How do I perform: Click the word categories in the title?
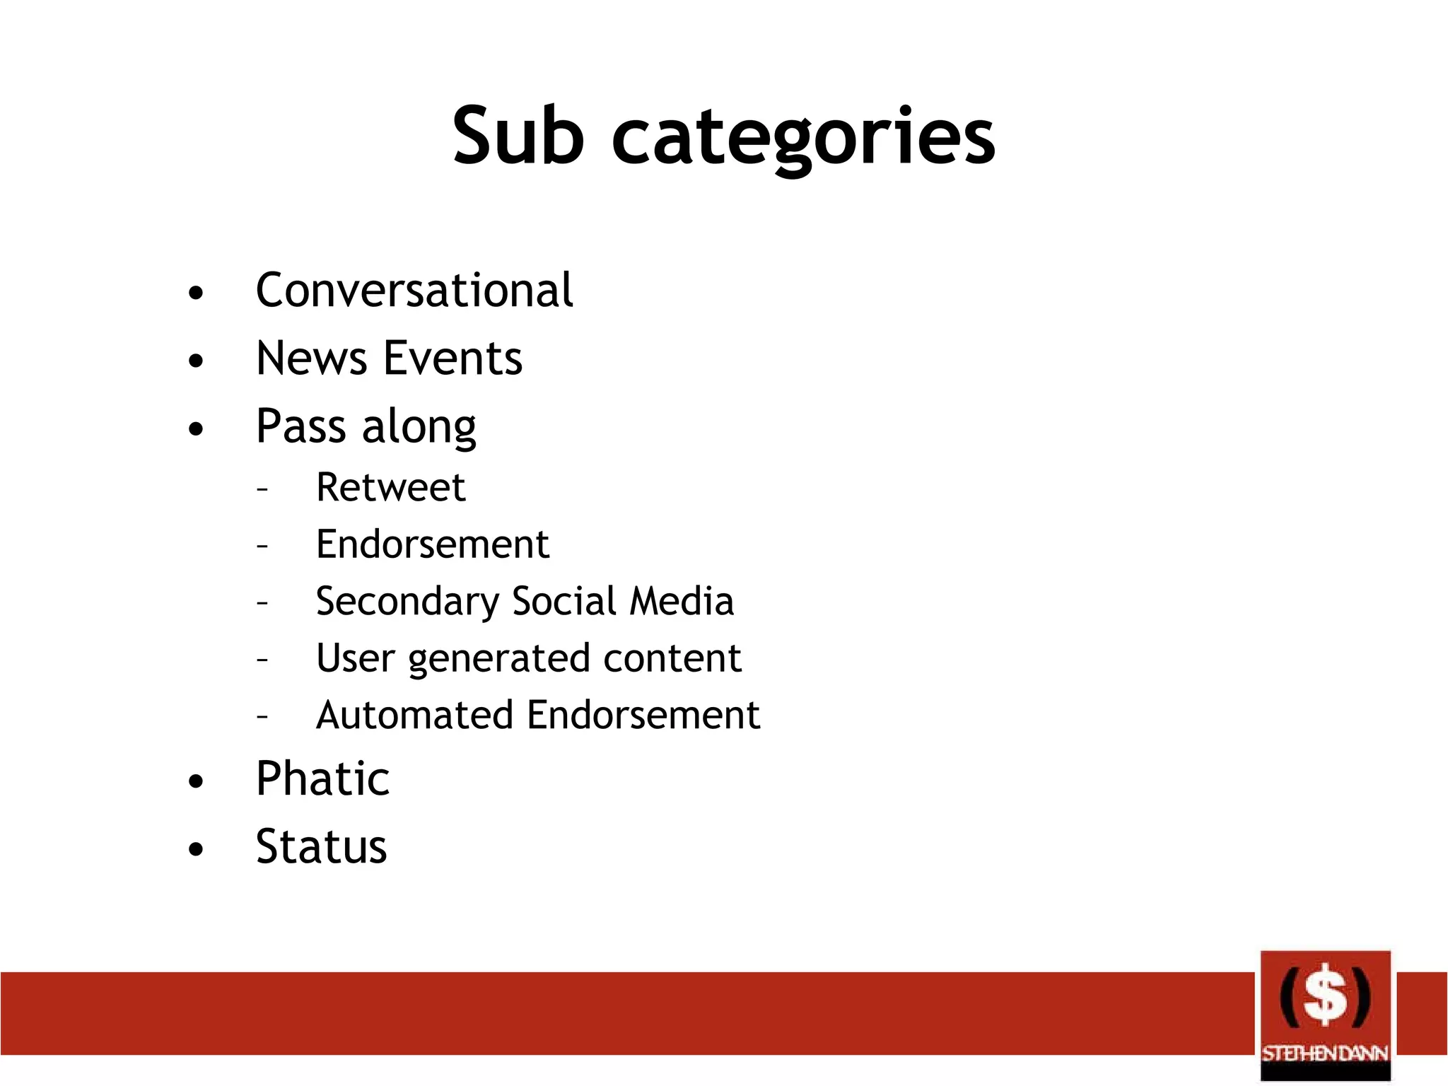click(804, 138)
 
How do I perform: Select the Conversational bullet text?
click(414, 291)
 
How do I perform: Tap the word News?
click(311, 358)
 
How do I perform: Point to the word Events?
click(452, 358)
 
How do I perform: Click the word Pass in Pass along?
click(300, 426)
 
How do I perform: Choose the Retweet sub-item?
click(390, 487)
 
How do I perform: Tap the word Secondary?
click(407, 602)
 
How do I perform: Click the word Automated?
click(414, 715)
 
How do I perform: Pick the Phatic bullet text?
click(322, 778)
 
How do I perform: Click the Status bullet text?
click(322, 846)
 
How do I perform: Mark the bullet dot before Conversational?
click(196, 293)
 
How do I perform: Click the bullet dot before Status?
click(196, 848)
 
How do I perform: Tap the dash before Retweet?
click(262, 489)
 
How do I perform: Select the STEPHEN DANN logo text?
click(1325, 1053)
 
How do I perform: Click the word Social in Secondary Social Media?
click(564, 602)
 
